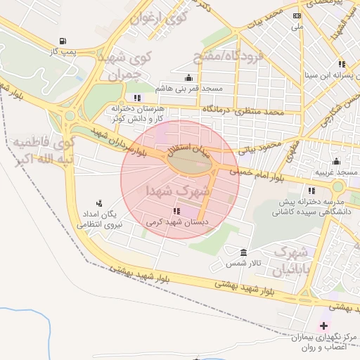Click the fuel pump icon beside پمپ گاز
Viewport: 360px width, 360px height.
tap(65, 41)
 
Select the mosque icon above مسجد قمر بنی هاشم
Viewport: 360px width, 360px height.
tap(188, 78)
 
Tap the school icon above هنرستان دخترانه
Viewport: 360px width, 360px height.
tap(136, 98)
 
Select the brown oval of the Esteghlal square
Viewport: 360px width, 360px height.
tap(189, 162)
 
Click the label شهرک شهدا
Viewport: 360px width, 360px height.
tap(178, 190)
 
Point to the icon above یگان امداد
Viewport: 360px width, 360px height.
tap(98, 202)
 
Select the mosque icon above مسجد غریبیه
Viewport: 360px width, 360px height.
tap(336, 161)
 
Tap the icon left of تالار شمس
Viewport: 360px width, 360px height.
tap(243, 252)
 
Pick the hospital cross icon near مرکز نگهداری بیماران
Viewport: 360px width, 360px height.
tap(323, 326)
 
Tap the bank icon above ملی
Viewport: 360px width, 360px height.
tap(297, 15)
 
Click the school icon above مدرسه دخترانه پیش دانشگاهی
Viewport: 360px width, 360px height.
tap(311, 191)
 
